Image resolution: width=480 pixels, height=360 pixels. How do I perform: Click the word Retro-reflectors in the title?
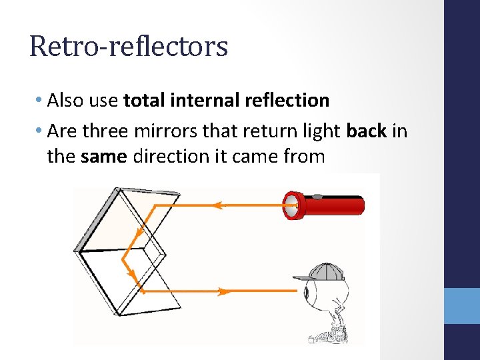tap(129, 47)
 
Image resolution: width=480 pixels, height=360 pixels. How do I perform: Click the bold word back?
tap(367, 131)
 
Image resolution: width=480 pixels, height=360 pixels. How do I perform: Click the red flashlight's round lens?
tap(291, 205)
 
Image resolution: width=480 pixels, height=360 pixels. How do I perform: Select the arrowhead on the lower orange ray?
tap(224, 291)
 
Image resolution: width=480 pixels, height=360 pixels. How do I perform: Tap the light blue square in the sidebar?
tap(462, 306)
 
